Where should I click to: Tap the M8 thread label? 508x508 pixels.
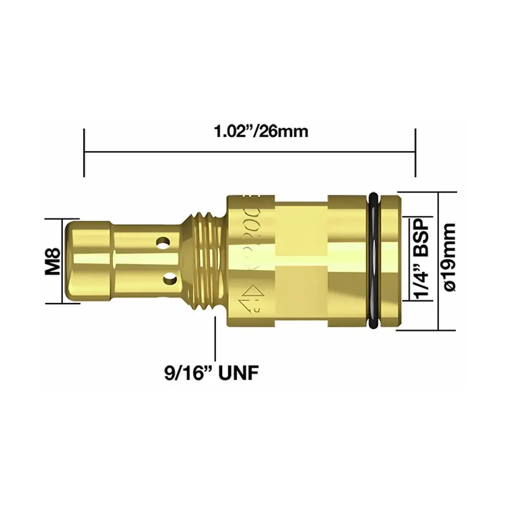[x=52, y=261]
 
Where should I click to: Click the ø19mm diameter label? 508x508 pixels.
[x=450, y=260]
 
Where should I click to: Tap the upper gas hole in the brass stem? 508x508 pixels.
[x=166, y=243]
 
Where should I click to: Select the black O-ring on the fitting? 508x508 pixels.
[x=375, y=260]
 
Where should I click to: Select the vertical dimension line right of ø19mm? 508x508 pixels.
[x=439, y=260]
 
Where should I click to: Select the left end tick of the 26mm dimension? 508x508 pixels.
[x=84, y=152]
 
